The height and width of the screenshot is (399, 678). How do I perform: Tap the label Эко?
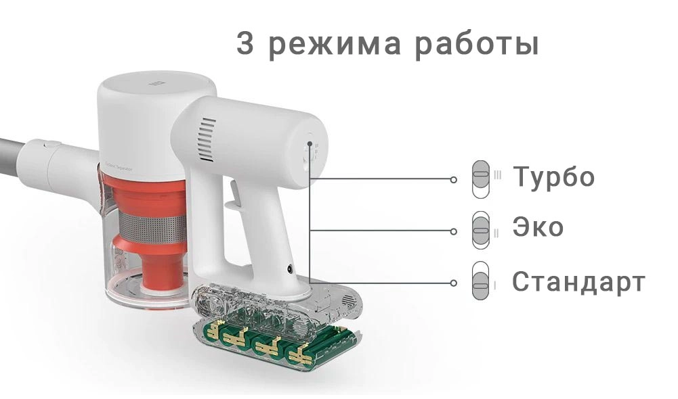[x=538, y=227]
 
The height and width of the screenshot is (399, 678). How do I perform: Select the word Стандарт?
[x=578, y=281]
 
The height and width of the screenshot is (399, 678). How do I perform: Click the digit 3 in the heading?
[x=245, y=43]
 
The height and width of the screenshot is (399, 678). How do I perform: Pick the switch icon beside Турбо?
[x=481, y=179]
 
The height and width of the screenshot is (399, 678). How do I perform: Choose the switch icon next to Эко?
[x=481, y=230]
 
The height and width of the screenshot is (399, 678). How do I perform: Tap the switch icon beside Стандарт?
[x=481, y=281]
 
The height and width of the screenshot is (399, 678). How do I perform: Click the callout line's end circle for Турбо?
[x=453, y=180]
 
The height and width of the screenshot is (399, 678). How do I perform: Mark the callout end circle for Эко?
[x=453, y=231]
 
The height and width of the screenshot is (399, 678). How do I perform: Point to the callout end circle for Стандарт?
[x=453, y=283]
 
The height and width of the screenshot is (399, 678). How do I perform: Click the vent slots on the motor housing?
[x=207, y=140]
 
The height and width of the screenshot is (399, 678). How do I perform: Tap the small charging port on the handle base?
[x=289, y=269]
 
